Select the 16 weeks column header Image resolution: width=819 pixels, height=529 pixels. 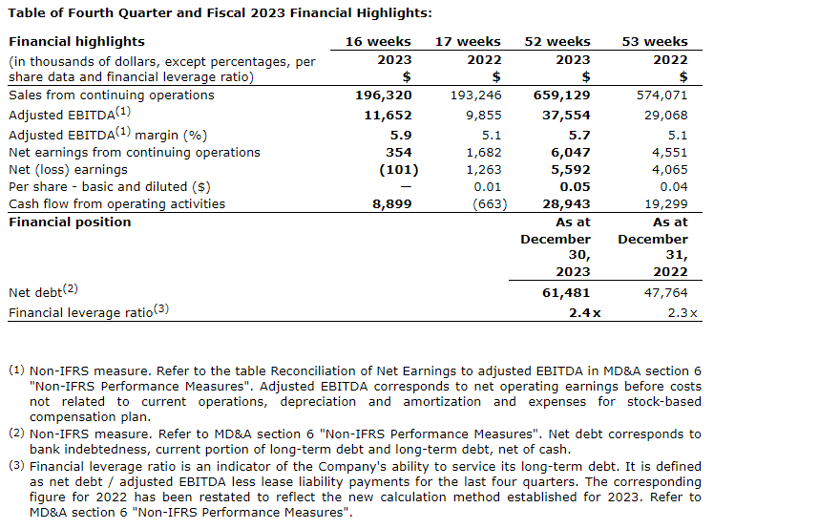378,42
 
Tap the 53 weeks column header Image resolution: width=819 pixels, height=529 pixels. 655,42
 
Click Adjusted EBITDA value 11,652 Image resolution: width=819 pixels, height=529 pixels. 388,115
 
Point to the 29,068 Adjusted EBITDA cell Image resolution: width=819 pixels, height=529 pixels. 665,115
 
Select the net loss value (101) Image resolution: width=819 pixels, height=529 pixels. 394,170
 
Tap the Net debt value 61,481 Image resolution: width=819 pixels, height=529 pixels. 567,293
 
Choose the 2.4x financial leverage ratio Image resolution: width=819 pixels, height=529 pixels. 583,313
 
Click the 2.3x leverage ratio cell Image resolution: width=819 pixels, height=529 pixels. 681,313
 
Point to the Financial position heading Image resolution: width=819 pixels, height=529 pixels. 70,222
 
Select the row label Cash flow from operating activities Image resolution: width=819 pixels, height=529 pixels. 116,203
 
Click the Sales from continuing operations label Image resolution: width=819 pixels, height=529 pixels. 111,95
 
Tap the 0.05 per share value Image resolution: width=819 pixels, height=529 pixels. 576,186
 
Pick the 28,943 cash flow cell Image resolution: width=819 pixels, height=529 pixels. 567,203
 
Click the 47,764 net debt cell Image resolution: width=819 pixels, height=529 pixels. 665,293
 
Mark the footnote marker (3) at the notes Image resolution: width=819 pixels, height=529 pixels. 17,465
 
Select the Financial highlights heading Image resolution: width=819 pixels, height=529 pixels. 76,42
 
